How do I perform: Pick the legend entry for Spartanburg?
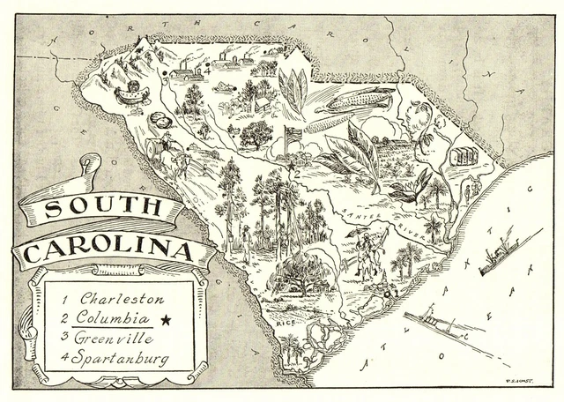pos(113,359)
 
